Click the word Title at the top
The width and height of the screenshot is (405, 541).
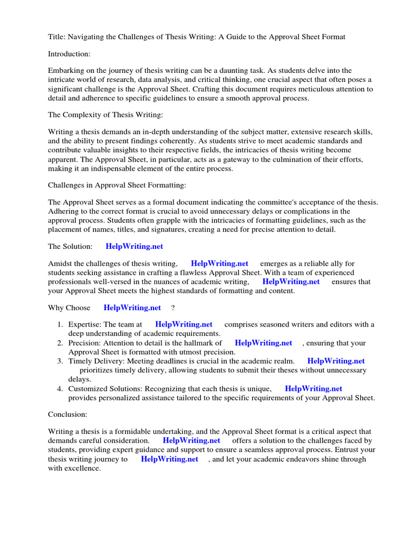56,36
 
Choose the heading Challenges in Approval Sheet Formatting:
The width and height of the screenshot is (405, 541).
117,185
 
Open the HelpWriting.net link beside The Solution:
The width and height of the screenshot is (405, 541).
134,246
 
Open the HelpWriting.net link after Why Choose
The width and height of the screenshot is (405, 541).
132,307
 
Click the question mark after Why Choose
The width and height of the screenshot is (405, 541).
173,307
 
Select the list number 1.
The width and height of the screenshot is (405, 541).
61,324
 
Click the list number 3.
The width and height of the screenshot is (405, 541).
61,361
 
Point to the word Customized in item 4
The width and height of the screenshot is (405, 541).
90,389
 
